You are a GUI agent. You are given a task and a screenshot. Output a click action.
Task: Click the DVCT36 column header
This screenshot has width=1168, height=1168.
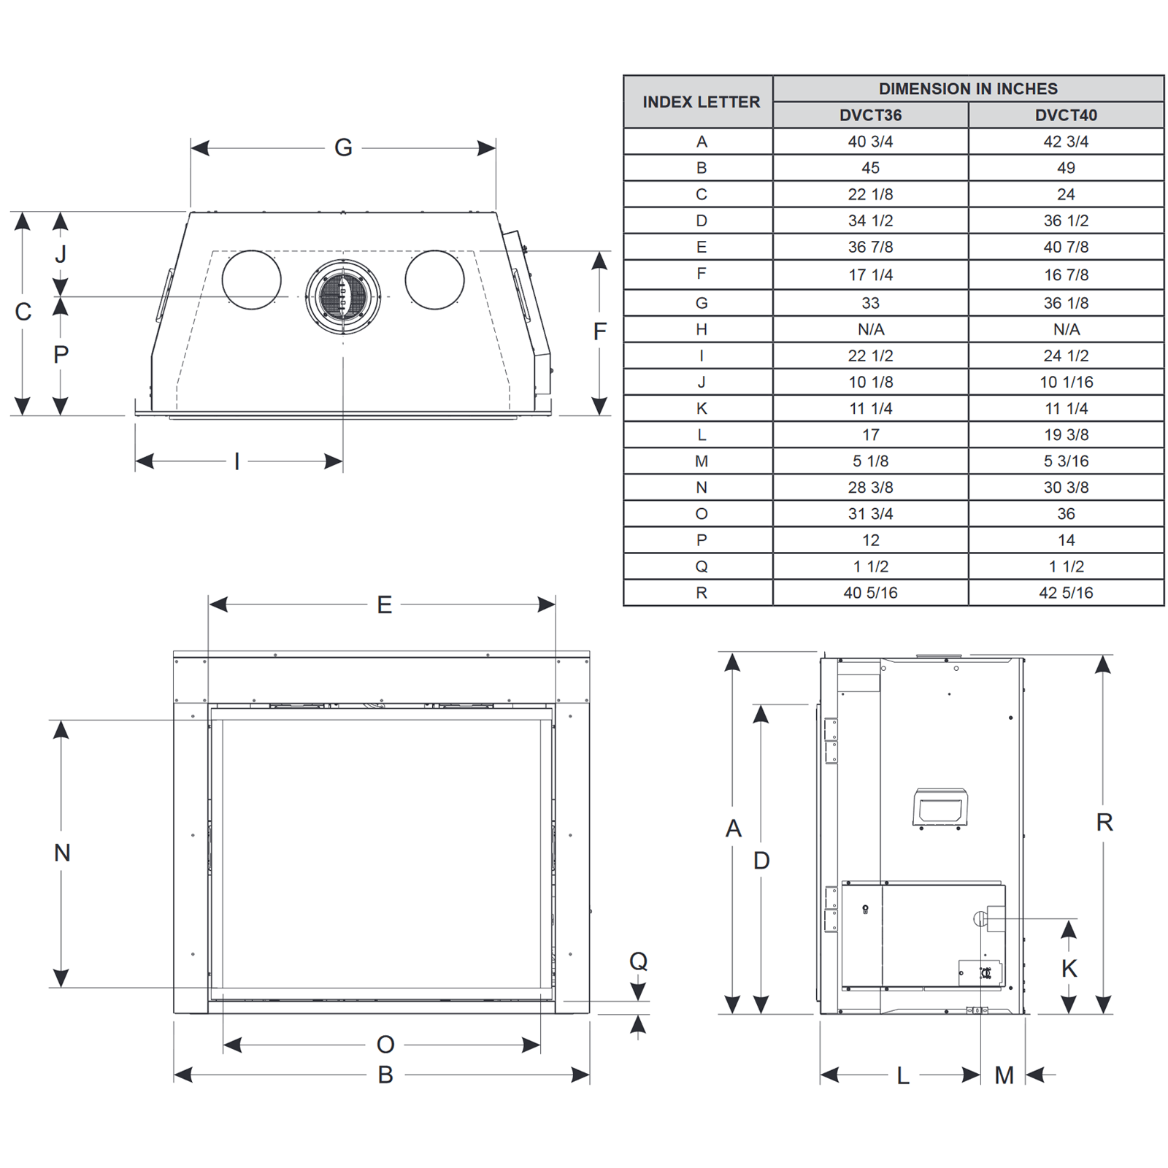tap(870, 115)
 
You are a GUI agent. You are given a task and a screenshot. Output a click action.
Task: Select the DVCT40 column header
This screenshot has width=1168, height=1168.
tap(1066, 115)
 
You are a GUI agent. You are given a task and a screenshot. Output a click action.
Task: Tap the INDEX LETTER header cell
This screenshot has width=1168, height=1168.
tap(701, 101)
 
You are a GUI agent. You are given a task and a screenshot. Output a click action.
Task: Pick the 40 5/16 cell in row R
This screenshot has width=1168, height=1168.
tap(870, 592)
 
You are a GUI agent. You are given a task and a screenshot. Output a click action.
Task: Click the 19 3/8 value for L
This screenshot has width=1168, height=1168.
tap(1066, 434)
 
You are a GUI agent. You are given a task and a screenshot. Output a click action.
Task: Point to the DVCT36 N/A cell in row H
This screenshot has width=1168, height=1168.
tap(870, 329)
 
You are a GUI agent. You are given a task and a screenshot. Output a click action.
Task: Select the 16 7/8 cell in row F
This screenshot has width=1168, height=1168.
tap(1066, 274)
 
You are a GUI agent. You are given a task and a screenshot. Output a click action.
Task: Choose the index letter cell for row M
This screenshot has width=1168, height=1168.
tap(701, 461)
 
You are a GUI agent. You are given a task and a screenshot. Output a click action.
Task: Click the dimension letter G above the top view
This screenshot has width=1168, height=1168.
tap(343, 147)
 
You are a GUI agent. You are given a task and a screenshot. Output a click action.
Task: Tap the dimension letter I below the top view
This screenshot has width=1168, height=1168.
tap(237, 461)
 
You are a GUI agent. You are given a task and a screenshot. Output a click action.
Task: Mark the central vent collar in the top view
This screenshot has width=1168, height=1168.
tap(343, 296)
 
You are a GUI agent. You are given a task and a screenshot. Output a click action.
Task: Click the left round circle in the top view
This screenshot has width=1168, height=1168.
tap(251, 280)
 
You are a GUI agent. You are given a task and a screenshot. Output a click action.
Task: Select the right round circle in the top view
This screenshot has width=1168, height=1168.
tap(434, 280)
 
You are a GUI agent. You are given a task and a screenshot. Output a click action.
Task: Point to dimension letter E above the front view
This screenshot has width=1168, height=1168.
tap(384, 604)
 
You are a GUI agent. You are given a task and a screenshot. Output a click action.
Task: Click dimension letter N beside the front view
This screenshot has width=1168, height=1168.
tap(62, 852)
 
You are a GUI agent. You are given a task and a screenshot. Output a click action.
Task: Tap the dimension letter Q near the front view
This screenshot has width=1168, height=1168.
tap(638, 961)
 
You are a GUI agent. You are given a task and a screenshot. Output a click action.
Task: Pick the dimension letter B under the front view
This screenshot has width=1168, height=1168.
tap(385, 1075)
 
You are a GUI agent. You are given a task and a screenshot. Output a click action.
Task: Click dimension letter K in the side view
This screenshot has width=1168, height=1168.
tap(1069, 969)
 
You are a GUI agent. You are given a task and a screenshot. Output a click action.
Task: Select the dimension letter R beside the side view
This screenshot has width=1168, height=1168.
tap(1104, 823)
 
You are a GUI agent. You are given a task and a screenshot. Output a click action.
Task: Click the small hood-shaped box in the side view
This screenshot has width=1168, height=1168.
tap(940, 807)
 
